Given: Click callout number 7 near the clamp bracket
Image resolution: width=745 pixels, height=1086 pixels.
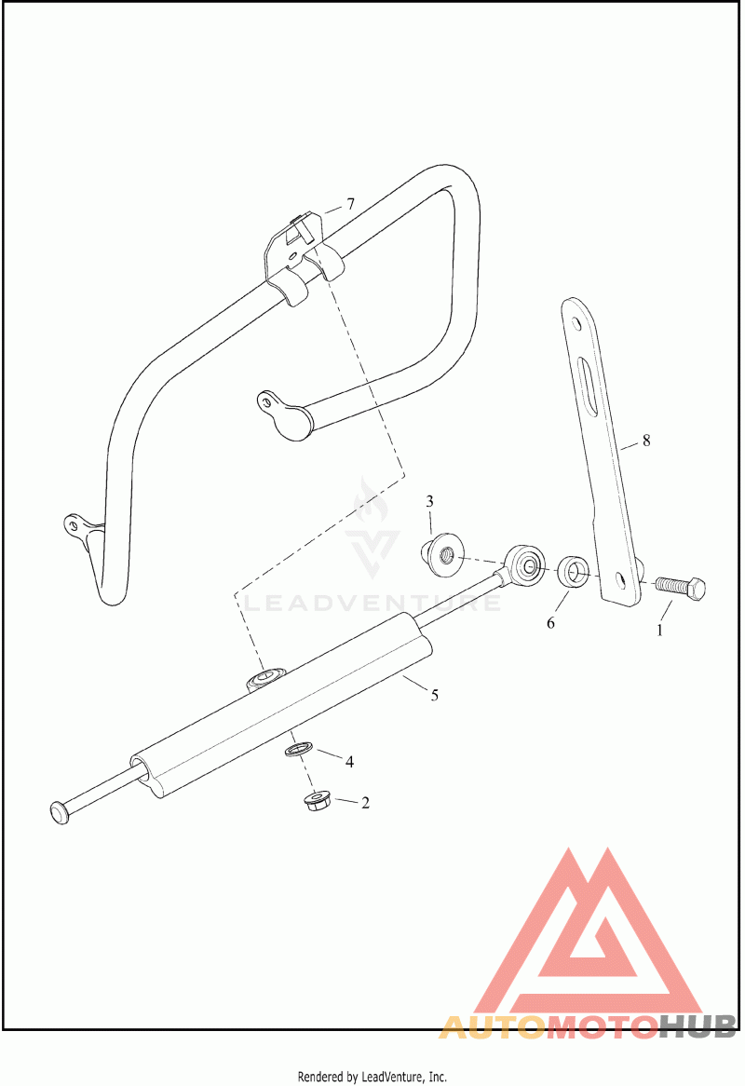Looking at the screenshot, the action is coord(350,204).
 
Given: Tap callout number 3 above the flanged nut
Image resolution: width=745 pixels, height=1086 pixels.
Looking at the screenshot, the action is coord(430,502).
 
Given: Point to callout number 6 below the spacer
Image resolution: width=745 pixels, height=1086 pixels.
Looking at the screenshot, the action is coord(550,622).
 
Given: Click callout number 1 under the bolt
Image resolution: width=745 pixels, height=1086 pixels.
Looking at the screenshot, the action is coord(662,630).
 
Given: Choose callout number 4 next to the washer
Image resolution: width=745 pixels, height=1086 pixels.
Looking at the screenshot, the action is coord(349,762).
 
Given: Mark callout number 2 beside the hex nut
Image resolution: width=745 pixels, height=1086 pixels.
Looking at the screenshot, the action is coord(365,802).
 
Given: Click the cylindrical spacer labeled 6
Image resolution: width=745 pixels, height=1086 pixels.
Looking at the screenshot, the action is coord(572,571).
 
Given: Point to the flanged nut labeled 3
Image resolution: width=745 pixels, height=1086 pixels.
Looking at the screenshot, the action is coord(442,552).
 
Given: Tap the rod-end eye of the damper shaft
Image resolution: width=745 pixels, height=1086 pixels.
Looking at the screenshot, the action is coord(525,564).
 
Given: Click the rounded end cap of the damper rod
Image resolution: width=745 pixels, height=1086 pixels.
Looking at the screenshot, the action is coord(59,811).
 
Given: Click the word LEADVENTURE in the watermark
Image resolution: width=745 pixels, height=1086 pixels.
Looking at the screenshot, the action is coord(372,604).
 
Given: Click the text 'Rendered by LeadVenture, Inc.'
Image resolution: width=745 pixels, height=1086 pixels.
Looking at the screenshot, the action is coord(372,1077).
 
